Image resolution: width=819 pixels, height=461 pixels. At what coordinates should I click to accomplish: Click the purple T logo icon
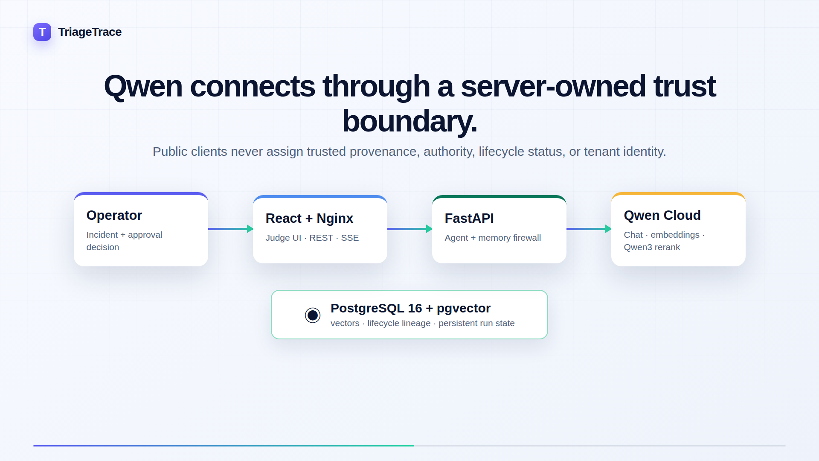[x=42, y=32]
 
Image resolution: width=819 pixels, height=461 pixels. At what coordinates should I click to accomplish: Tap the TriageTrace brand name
[x=90, y=32]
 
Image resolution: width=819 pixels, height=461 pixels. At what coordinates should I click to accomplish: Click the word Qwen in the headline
[x=143, y=87]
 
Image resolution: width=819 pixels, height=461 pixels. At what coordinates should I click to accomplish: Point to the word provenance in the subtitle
[x=383, y=152]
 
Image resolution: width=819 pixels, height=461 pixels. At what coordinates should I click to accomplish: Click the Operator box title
[x=114, y=216]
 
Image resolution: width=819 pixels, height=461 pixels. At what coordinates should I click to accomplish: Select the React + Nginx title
[x=309, y=219]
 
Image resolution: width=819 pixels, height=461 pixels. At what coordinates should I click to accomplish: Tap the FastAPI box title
[x=469, y=219]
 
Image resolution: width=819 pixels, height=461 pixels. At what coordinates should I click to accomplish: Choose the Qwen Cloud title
[x=662, y=216]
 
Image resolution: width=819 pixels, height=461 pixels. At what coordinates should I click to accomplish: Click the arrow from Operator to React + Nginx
[x=231, y=229]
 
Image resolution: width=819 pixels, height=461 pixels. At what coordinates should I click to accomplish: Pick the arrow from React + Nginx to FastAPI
[x=410, y=229]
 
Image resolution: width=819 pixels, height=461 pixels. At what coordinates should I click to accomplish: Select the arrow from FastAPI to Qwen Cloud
[x=589, y=229]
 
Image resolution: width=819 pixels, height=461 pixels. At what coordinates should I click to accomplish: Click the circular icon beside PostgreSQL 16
[x=313, y=315]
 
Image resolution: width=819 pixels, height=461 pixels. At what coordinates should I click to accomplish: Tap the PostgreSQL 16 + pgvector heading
[x=410, y=308]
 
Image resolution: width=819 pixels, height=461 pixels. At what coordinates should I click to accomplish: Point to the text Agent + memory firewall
[x=493, y=238]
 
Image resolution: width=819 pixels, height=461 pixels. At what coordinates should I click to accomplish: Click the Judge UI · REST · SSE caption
[x=312, y=238]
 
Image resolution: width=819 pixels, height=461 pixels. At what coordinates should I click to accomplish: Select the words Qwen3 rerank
[x=652, y=247]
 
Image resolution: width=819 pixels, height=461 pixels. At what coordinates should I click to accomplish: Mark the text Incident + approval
[x=124, y=235]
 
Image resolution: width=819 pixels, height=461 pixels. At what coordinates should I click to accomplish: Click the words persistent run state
[x=476, y=323]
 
